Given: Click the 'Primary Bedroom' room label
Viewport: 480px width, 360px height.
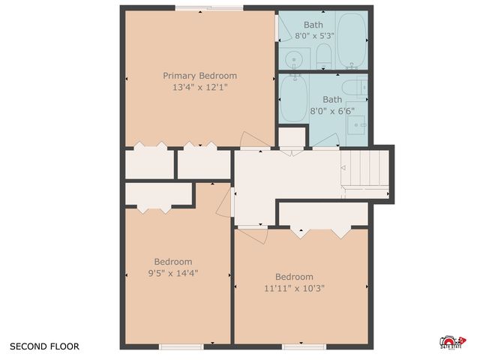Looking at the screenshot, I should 200,76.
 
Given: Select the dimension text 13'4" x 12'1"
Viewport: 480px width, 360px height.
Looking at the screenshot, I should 200,87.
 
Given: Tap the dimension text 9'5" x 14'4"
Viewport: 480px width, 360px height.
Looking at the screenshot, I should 173,273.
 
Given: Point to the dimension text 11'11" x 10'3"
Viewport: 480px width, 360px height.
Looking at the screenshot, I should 294,288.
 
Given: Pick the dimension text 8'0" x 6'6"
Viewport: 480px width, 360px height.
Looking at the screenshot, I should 331,110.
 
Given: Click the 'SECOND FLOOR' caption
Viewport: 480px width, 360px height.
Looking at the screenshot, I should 44,346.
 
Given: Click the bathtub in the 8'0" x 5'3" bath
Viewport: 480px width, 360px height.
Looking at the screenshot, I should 351,39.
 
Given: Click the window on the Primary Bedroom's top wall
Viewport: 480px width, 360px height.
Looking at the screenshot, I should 209,8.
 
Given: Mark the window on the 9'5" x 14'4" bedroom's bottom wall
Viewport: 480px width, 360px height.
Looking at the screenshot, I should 181,346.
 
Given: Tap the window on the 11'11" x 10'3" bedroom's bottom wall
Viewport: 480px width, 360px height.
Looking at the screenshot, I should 304,346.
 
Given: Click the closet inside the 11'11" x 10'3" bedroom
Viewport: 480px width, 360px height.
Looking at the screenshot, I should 323,214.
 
